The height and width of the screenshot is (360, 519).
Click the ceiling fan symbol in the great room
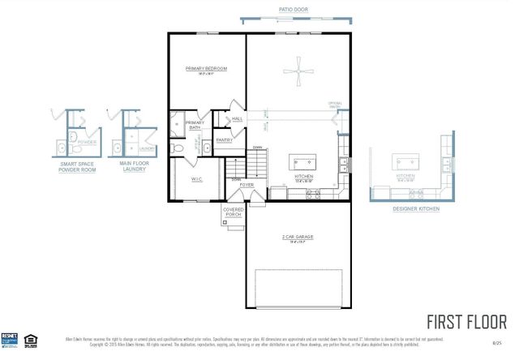tap(298, 71)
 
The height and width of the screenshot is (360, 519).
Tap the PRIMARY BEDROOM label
tap(206, 69)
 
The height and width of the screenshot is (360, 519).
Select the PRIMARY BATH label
tap(195, 125)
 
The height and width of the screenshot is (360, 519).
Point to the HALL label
tap(237, 119)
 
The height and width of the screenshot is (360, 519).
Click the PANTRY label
tap(225, 139)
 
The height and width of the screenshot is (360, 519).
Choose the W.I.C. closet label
tap(196, 178)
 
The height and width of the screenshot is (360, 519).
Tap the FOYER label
tap(247, 185)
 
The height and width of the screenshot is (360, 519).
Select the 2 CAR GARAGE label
tap(298, 237)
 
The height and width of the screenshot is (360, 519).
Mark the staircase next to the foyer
tap(257, 167)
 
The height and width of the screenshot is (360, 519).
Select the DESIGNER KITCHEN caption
tap(416, 208)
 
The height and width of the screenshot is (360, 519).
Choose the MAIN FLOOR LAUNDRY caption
tap(136, 166)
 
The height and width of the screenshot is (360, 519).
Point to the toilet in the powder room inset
tap(71, 136)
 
